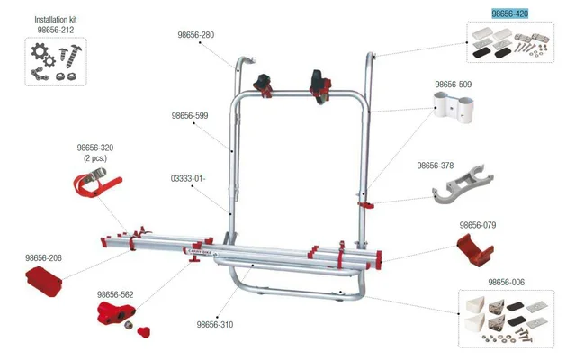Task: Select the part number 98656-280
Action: [x=196, y=35]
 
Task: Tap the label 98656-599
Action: [x=189, y=115]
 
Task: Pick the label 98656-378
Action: [x=436, y=166]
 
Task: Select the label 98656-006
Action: [x=506, y=282]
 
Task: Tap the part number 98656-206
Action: [x=43, y=256]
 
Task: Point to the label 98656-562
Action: [x=115, y=294]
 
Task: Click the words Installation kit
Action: [x=56, y=18]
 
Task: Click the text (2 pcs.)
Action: [x=95, y=158]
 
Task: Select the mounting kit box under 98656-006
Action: [x=507, y=319]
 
